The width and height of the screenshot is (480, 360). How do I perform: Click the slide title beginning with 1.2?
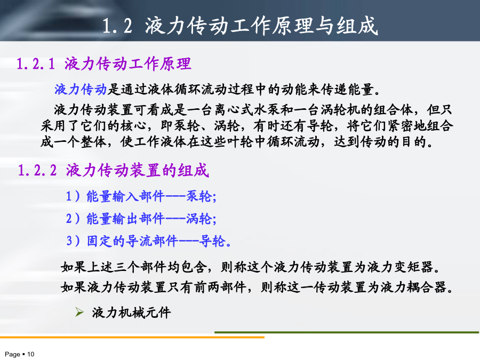coord(240,25)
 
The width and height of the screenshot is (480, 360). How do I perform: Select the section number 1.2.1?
coord(36,64)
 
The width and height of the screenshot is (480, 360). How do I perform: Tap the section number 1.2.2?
coord(37,170)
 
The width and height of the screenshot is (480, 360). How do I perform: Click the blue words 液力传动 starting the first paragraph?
coord(81,90)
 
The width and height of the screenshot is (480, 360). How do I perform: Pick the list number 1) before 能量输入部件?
coord(73,196)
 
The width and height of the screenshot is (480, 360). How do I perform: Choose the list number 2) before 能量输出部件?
coord(73,219)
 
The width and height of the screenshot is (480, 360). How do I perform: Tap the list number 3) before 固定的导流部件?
coord(74,241)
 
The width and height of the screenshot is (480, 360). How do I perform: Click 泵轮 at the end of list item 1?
coord(199,196)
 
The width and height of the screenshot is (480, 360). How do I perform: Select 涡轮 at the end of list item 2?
coord(199,219)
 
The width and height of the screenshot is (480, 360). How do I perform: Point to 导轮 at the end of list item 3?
coord(212,241)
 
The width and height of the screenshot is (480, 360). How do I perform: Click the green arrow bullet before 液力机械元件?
coord(79,312)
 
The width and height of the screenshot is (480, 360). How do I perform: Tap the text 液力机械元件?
coord(131,313)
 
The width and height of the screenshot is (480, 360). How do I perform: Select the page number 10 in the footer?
coord(30,354)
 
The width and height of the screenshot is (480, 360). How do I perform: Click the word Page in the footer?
coord(13,355)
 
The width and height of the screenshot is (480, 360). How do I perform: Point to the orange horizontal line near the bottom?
coord(132,338)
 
